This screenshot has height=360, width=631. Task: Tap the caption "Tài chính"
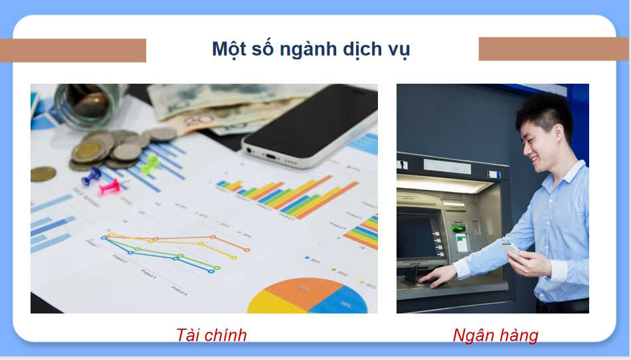pos(211,335)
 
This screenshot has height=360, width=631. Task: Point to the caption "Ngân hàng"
pos(496,335)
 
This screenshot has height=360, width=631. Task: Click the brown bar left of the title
pos(73,50)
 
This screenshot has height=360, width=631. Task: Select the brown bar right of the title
pos(553,48)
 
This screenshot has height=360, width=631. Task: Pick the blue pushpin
pos(91,177)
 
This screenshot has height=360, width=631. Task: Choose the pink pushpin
pos(110,187)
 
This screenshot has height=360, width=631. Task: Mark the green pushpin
pos(150,163)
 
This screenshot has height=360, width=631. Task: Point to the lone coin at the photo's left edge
pos(43,174)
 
